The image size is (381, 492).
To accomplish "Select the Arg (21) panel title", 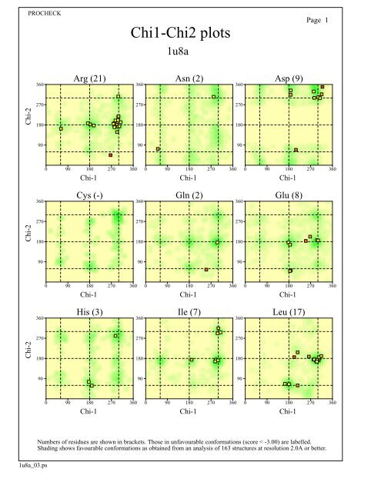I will pos(89,78).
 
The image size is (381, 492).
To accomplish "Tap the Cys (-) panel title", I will pos(89,195).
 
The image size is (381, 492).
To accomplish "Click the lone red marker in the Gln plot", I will pos(206,269).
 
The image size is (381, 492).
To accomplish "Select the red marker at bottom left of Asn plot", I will pos(159,149).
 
